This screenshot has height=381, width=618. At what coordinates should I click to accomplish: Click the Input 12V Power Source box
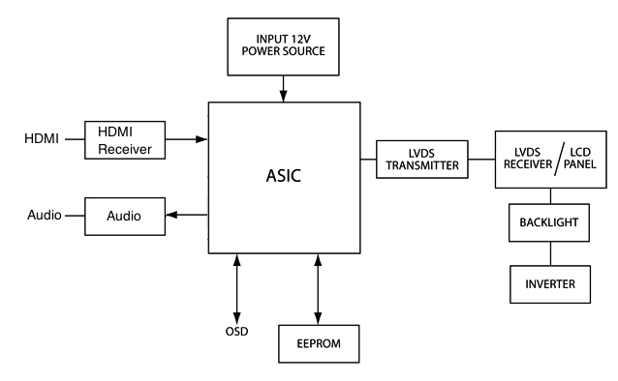pos(283,46)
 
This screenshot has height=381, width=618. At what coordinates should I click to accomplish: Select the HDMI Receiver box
pos(125,140)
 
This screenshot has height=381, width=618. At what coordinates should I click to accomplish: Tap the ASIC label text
pos(284,176)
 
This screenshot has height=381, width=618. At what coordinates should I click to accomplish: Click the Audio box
pos(125,217)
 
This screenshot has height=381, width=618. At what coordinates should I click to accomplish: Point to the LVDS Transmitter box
pos(422,160)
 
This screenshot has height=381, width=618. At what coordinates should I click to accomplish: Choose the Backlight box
pos(549,222)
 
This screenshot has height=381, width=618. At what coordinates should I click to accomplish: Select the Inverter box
pos(550,284)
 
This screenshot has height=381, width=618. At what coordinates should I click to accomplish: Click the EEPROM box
pos(319,343)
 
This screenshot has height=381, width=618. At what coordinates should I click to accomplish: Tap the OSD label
pos(237,332)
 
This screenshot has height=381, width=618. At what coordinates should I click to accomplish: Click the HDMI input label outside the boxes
pos(42,138)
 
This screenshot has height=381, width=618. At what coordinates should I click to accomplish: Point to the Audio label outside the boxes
pos(45,215)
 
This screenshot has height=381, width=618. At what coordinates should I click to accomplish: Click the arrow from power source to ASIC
pos(283,89)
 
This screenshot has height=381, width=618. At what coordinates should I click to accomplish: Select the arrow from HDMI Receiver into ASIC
pos(186,139)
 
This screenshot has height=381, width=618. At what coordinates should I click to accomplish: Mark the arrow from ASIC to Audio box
pos(187,215)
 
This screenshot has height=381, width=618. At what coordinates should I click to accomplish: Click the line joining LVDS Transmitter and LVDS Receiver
pos(481,160)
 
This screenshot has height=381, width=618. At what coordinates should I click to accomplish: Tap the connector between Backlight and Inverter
pos(550,253)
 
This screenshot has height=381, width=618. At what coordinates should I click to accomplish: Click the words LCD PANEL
pos(580,159)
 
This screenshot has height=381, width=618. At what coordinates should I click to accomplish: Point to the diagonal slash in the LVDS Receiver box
pos(560,159)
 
